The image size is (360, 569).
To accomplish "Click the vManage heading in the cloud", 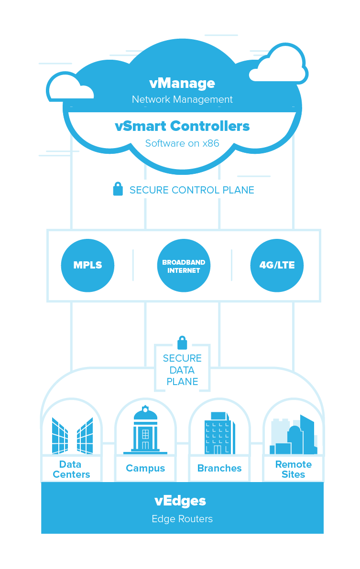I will [x=182, y=83].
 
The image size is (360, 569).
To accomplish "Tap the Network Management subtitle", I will [x=182, y=99].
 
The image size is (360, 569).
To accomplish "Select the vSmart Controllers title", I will [x=182, y=126].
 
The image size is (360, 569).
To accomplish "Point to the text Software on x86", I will [x=182, y=143].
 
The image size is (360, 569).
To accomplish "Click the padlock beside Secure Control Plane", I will [x=118, y=189].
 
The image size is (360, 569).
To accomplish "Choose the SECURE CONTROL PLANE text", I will [x=191, y=190].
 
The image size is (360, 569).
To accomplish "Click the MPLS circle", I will [x=87, y=265].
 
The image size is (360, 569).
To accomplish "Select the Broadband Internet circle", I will [x=184, y=266].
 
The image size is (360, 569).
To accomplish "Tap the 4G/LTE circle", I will [x=277, y=265].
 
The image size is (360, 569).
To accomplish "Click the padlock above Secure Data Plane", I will [x=182, y=343].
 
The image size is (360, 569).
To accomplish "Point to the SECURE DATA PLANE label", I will [x=182, y=370].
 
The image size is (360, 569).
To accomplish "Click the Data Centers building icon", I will [x=72, y=435].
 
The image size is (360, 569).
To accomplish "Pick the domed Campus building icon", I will [x=145, y=430].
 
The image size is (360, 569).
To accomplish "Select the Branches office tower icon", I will [x=219, y=433].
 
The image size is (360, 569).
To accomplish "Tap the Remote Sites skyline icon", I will [x=293, y=436].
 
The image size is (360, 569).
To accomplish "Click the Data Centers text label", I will [x=71, y=469].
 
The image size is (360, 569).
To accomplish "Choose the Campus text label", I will [x=145, y=468].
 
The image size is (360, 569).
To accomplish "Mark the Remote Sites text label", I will [x=293, y=469].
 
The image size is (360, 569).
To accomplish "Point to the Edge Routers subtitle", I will [x=182, y=519].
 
